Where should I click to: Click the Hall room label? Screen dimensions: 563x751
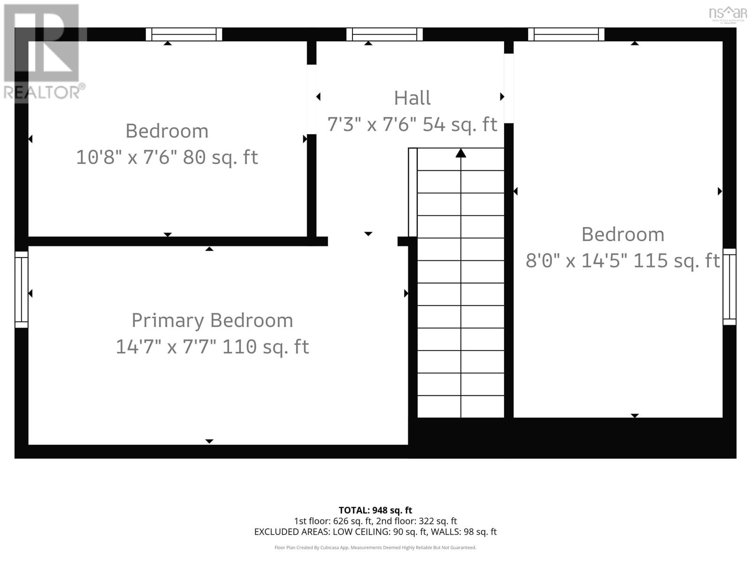pyautogui.click(x=412, y=98)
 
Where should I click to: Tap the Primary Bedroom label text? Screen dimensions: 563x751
pyautogui.click(x=212, y=320)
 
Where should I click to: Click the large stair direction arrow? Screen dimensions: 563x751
pyautogui.click(x=460, y=153)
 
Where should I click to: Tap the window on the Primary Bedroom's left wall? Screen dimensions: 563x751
pyautogui.click(x=22, y=289)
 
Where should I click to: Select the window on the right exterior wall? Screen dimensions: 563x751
pyautogui.click(x=729, y=287)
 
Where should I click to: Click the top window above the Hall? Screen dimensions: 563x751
pyautogui.click(x=384, y=34)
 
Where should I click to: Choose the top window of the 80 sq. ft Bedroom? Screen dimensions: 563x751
pyautogui.click(x=184, y=34)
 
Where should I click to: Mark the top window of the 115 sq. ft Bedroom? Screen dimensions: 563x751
pyautogui.click(x=566, y=34)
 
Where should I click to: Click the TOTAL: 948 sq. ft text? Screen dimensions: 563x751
pyautogui.click(x=375, y=510)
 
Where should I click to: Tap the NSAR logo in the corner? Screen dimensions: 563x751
pyautogui.click(x=728, y=13)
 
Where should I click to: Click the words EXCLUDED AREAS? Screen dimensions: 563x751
pyautogui.click(x=291, y=532)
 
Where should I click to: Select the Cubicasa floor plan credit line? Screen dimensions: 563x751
pyautogui.click(x=375, y=548)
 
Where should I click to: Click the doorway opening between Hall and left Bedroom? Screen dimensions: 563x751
pyautogui.click(x=312, y=99)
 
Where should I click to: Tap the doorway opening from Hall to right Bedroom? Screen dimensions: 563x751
pyautogui.click(x=509, y=88)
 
